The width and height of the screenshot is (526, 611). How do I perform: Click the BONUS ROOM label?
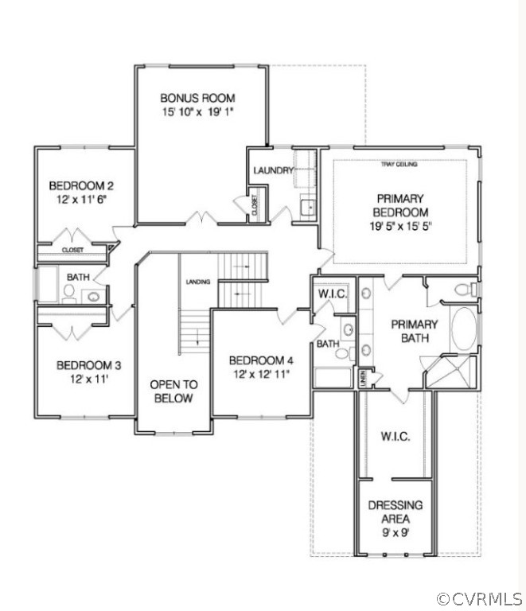click(x=197, y=98)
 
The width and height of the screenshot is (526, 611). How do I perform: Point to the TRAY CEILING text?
click(x=399, y=165)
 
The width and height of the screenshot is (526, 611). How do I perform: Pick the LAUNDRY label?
click(x=269, y=170)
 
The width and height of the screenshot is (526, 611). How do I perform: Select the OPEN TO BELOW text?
click(x=172, y=391)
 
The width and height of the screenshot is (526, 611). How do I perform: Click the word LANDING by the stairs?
click(x=197, y=282)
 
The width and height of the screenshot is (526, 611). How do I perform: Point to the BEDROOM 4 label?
click(x=261, y=359)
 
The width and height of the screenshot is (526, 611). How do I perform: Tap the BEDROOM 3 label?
click(x=88, y=365)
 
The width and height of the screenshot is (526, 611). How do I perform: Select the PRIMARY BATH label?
click(x=413, y=332)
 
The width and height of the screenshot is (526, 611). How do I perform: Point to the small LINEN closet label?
click(x=362, y=378)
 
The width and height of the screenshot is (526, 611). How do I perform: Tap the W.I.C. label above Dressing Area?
click(x=395, y=437)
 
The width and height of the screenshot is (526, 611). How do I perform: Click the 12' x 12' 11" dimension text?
click(x=261, y=373)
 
